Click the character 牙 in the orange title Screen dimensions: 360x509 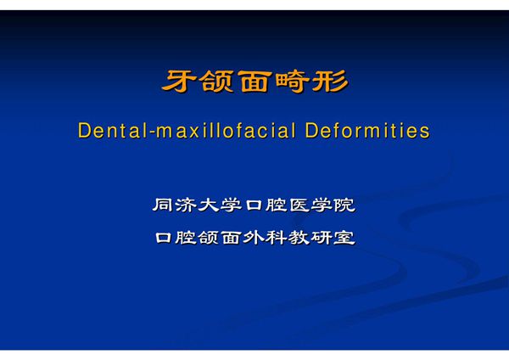pos(177,83)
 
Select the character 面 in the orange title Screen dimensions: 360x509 pos(254,83)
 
